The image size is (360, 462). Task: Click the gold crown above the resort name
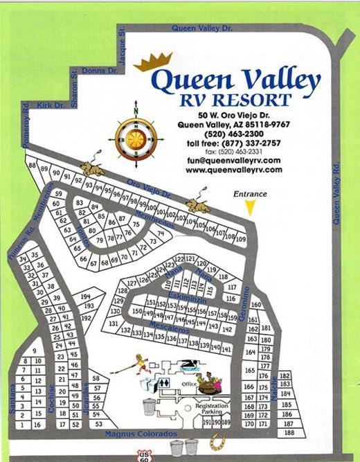click(154, 63)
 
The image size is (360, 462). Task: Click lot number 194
click(87, 296)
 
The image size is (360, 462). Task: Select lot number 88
click(31, 166)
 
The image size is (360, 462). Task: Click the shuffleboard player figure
click(141, 362)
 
